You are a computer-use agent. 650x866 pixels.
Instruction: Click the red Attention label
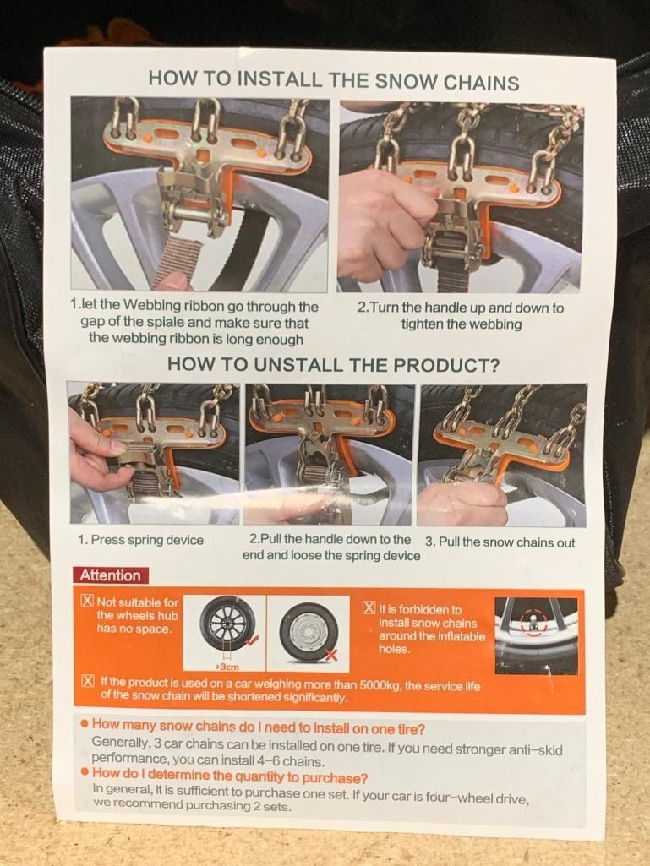(110, 575)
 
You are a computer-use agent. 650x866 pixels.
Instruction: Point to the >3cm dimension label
(224, 667)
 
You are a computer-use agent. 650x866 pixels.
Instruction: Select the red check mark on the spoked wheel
(252, 640)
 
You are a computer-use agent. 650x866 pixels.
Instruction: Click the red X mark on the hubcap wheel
(331, 655)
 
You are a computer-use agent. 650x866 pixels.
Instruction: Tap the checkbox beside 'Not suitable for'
(87, 601)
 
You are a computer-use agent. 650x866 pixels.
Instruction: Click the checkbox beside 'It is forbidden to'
(369, 608)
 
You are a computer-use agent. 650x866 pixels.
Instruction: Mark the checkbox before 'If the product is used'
(87, 680)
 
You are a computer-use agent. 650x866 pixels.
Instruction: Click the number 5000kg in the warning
(380, 685)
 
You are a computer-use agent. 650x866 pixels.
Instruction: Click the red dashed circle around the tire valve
(533, 623)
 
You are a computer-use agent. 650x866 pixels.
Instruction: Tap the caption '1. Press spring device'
(141, 540)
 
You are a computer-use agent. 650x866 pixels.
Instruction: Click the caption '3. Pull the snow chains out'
(500, 542)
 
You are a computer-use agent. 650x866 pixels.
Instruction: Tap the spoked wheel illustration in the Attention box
(228, 623)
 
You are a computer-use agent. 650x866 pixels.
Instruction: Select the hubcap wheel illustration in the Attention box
(309, 631)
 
